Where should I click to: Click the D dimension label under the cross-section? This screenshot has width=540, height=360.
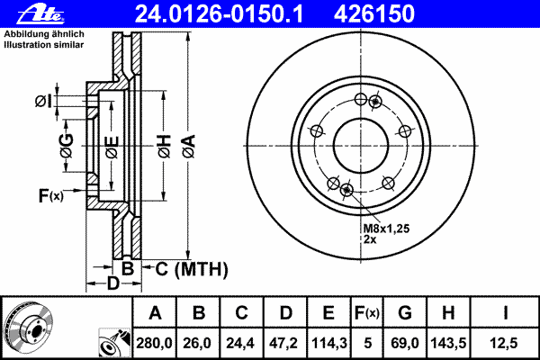pyautogui.click(x=112, y=284)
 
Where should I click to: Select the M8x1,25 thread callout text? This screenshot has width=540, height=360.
pyautogui.click(x=386, y=229)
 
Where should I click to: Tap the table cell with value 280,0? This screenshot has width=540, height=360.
pyautogui.click(x=156, y=342)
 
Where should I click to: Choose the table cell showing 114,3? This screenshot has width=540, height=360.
pyautogui.click(x=328, y=342)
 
